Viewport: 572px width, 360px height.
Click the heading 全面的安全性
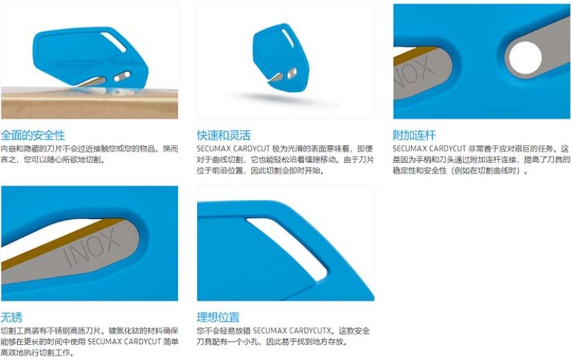tap(33, 135)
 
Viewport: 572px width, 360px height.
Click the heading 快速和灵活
tap(224, 135)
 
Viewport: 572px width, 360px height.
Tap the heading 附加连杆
tap(414, 135)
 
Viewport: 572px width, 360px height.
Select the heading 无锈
tap(12, 317)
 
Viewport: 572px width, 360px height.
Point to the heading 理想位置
tap(218, 317)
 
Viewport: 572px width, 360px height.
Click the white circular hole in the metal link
tap(526, 58)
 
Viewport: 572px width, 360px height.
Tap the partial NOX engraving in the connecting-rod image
tap(415, 72)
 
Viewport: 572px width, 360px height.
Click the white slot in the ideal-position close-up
tap(288, 248)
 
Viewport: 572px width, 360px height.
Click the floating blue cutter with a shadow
tap(280, 56)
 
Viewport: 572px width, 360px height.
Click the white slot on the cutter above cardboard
tap(114, 42)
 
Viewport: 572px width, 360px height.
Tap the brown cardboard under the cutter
tap(89, 106)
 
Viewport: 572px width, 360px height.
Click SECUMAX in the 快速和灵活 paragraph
tap(213, 149)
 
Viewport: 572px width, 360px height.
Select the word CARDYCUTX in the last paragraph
tap(311, 331)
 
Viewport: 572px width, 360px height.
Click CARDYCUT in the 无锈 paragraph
tap(142, 342)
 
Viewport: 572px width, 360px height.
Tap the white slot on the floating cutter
tap(287, 38)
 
